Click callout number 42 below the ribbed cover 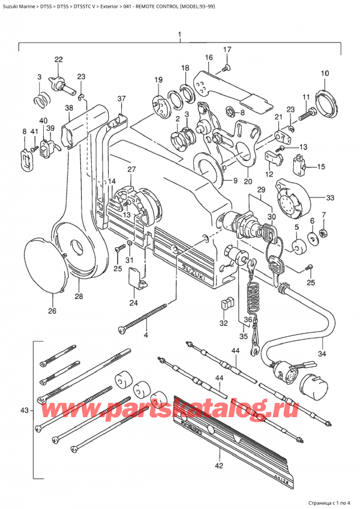pos(219,465)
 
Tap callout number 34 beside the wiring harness pos(322,354)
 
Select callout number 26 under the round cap pos(52,311)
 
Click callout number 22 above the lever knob pos(58,59)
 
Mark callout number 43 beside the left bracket pos(24,411)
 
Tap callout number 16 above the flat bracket pos(209,58)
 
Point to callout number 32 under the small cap pos(223,323)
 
